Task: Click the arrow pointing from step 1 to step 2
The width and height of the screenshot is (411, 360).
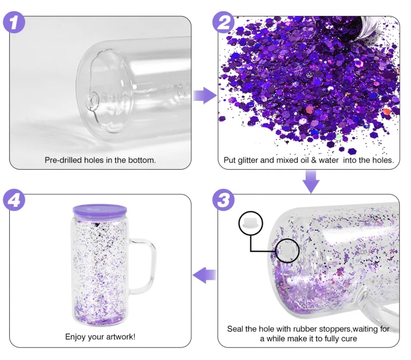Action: coord(204,96)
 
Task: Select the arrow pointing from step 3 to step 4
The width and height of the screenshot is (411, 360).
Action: coord(204,274)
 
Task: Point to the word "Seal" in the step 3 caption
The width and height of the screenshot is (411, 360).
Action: coord(235,329)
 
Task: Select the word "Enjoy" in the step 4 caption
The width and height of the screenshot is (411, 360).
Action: coord(75,336)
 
